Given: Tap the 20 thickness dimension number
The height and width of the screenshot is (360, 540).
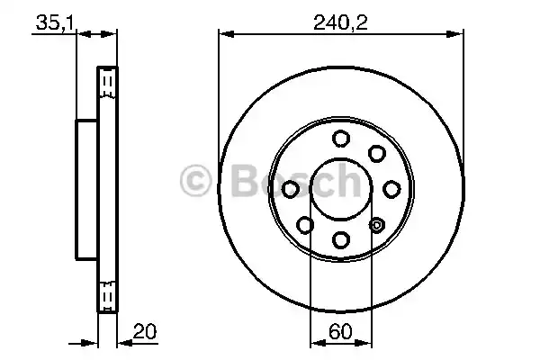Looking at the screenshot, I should click(x=140, y=330).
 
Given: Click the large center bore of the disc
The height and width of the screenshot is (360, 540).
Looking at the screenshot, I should click(x=341, y=188).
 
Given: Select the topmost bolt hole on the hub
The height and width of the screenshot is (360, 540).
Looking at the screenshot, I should click(x=341, y=138).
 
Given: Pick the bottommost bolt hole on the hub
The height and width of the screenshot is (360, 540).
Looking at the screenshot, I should click(x=341, y=239).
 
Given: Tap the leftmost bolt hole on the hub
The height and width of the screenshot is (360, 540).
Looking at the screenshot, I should click(x=291, y=189).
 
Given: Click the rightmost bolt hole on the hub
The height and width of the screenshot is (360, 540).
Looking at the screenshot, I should click(x=392, y=189).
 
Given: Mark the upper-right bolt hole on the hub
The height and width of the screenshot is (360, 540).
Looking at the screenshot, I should click(x=377, y=153).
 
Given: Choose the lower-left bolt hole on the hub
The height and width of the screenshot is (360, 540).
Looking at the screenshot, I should click(x=305, y=225).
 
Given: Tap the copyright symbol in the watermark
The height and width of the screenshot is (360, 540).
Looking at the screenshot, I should click(x=196, y=181).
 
